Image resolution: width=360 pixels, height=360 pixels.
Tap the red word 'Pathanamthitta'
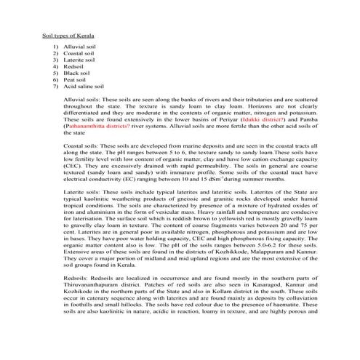point(97,126)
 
